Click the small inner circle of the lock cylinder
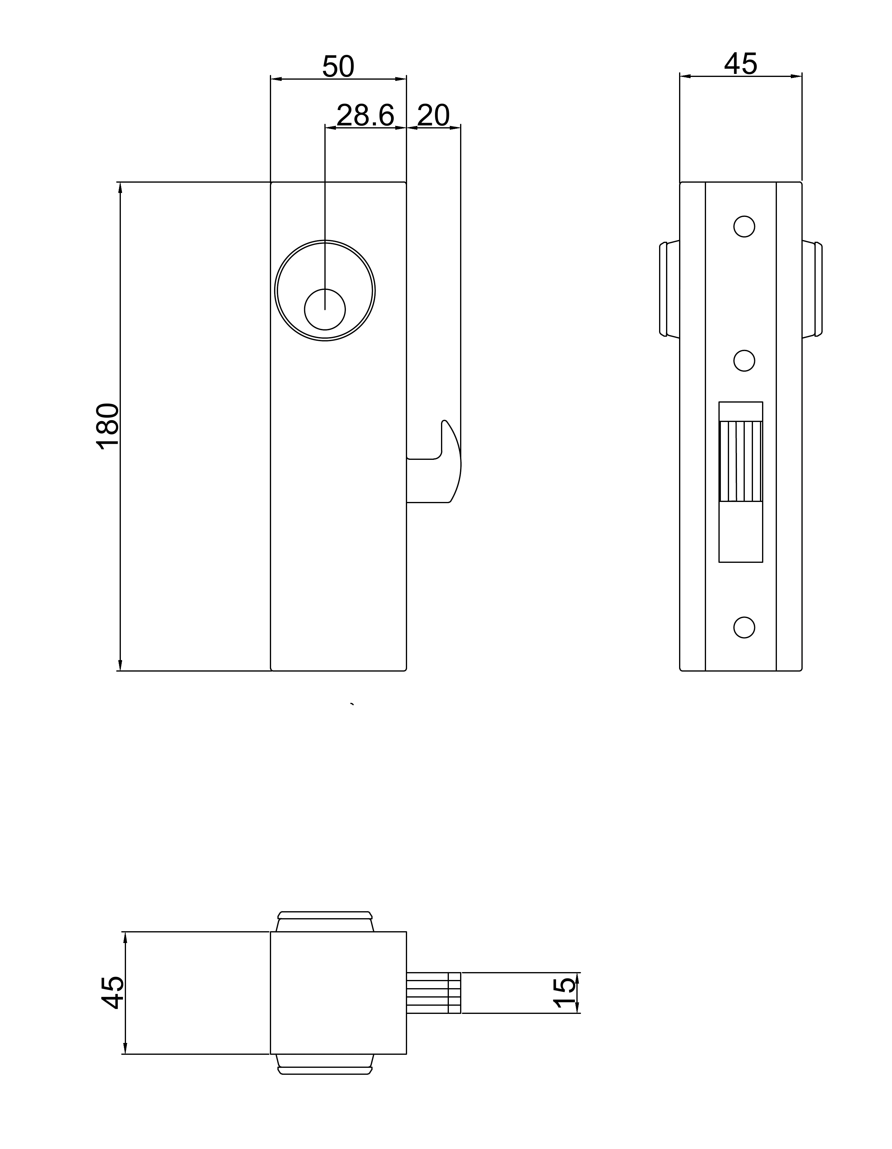coord(325,309)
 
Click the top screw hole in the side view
coord(744,226)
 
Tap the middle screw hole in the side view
coord(744,360)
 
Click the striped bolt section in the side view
coord(741,461)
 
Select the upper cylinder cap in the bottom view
coord(325,921)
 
